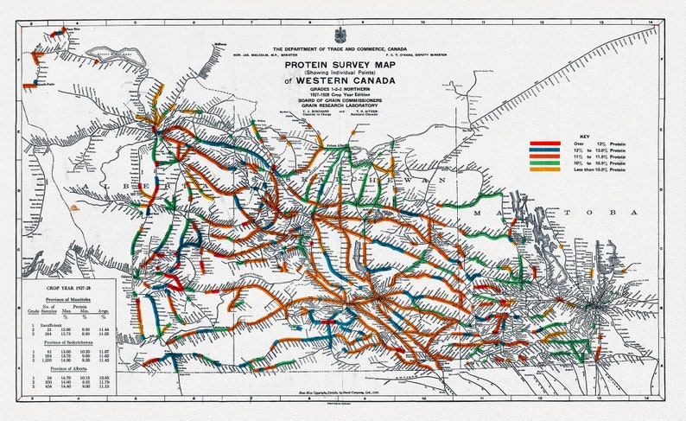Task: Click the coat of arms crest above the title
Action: click(340, 35)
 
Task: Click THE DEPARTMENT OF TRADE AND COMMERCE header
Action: click(340, 48)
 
